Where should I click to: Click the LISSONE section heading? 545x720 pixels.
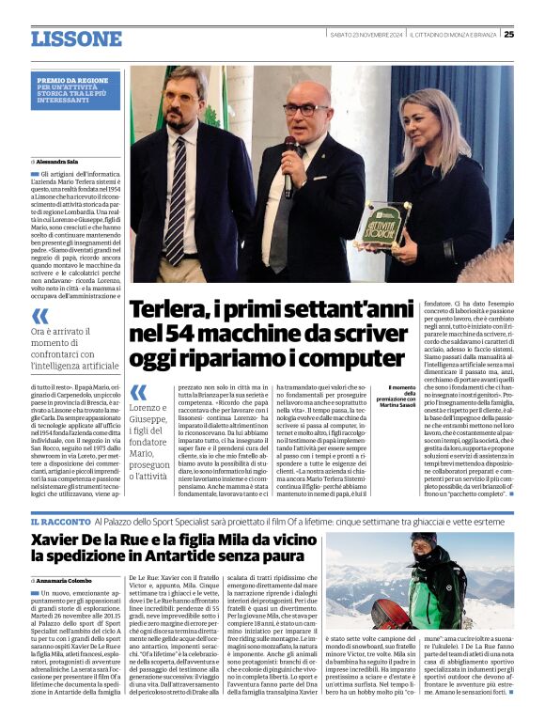[x=76, y=39]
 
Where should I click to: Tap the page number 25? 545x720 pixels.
[x=508, y=35]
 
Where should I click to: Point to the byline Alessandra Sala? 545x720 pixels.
[x=59, y=162]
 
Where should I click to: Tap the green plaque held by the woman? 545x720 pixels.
[x=410, y=223]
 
